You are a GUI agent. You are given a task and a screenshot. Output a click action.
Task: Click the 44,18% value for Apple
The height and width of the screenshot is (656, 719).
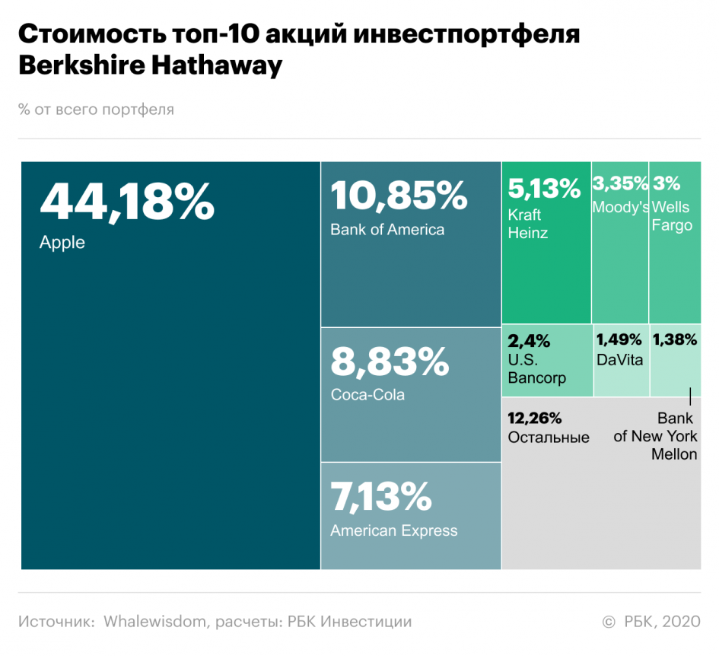coord(127,202)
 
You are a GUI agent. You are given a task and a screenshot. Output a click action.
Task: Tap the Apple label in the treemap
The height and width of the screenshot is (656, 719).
coord(62,244)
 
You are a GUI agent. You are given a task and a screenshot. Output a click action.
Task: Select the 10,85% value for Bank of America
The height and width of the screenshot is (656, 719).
coord(399,196)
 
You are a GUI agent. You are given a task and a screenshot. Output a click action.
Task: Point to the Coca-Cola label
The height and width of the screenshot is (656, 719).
coord(367,395)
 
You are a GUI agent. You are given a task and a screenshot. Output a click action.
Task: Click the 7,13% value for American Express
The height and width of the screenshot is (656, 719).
coord(381,498)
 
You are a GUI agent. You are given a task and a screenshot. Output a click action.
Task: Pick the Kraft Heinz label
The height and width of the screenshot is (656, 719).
coord(528,224)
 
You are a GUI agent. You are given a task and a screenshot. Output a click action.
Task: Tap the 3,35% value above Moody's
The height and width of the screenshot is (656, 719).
coord(620,183)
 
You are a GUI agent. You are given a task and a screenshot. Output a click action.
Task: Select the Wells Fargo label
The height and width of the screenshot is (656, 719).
coord(672,216)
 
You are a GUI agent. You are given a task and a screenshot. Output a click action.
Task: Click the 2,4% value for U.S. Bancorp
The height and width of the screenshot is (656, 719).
coord(529,340)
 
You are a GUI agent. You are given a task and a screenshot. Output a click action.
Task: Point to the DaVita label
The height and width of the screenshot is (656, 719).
coord(620,360)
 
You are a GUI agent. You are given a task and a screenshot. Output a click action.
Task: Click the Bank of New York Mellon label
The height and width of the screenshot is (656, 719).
coord(656,436)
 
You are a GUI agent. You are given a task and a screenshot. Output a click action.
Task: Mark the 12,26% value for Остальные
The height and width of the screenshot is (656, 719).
coord(535,418)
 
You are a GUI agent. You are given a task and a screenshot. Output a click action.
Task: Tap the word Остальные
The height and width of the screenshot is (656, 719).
coord(549,438)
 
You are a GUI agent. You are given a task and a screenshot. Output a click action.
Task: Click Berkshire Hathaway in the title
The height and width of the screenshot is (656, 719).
coord(150,65)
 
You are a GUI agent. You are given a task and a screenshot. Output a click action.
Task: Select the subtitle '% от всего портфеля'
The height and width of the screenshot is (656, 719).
coord(97,110)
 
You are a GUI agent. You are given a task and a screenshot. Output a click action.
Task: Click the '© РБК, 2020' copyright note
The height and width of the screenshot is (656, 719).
coord(651,622)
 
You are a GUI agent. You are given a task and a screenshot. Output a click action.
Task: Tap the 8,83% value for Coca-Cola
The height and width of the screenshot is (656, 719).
coord(390,362)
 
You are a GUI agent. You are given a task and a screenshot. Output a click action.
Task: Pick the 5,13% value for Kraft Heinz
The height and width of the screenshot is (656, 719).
coord(544,189)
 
